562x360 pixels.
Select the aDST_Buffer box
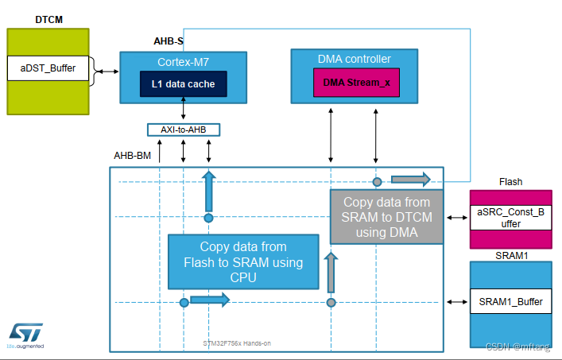48,68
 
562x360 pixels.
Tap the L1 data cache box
183,83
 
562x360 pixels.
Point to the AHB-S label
169,41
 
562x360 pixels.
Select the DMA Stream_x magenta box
355,83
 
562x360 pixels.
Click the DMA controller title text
355,60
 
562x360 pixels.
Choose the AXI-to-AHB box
184,129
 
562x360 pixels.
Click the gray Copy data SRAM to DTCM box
387,216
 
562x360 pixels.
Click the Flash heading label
510,182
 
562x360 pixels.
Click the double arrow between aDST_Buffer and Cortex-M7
104,73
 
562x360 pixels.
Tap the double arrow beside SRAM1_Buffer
457,302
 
